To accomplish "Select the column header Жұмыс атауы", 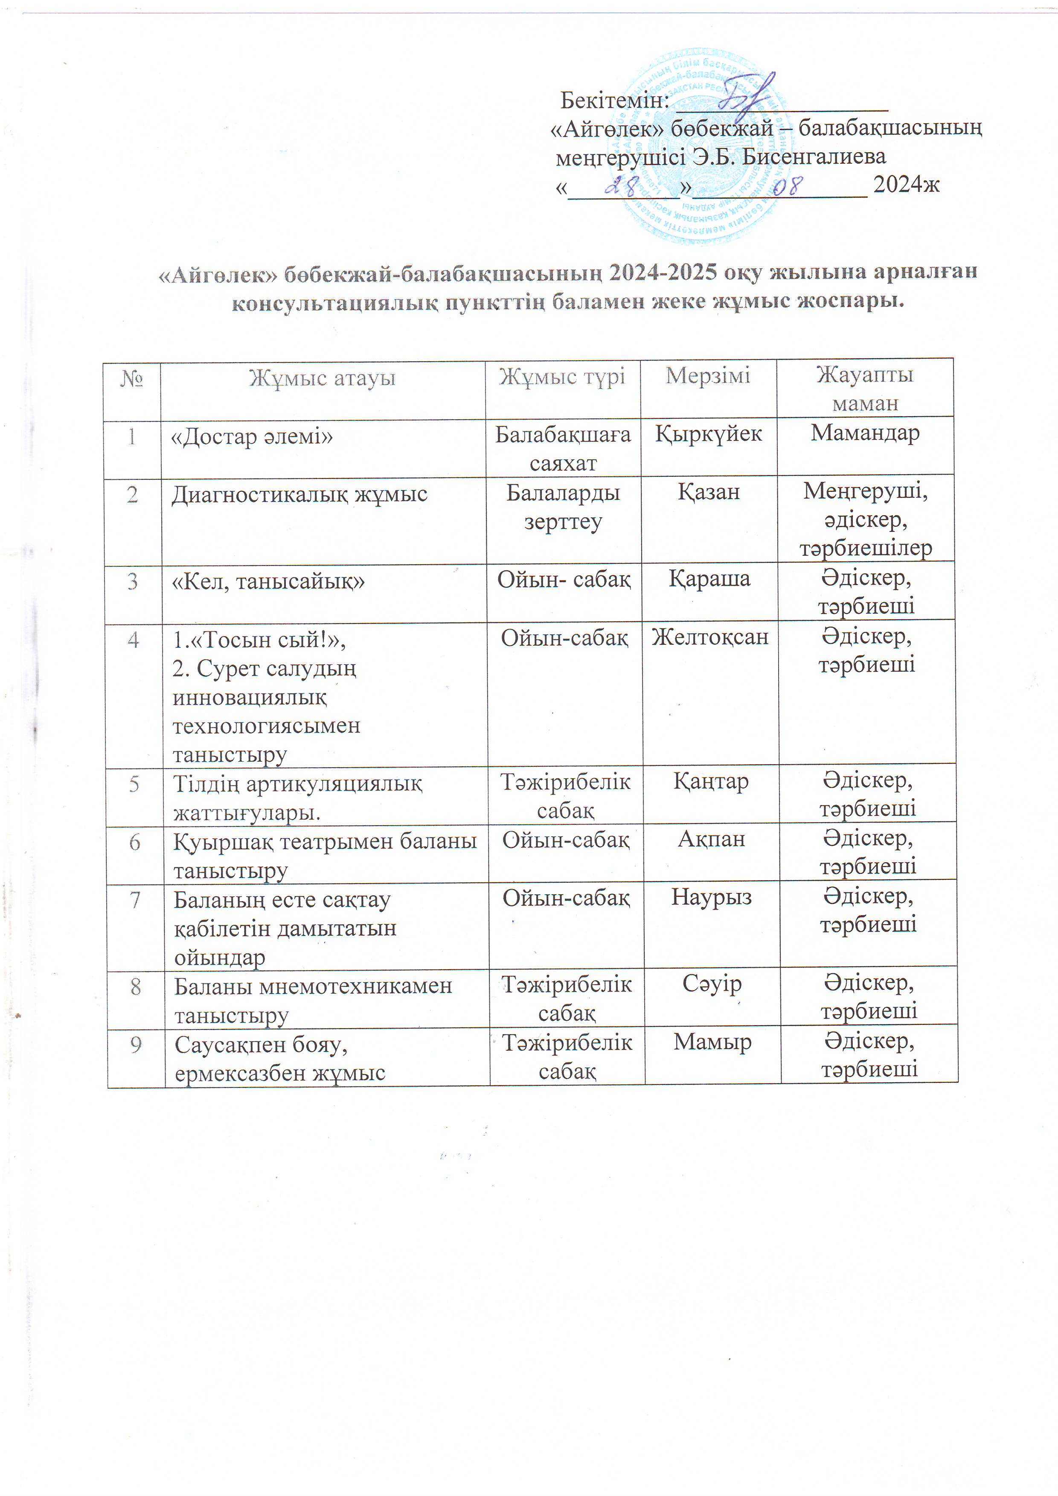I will click(323, 378).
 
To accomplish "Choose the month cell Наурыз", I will click(711, 897).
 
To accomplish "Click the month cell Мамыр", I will click(712, 1042).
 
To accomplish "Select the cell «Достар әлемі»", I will click(252, 437).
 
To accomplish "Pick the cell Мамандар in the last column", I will click(865, 433).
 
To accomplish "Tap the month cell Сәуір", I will click(712, 984).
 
